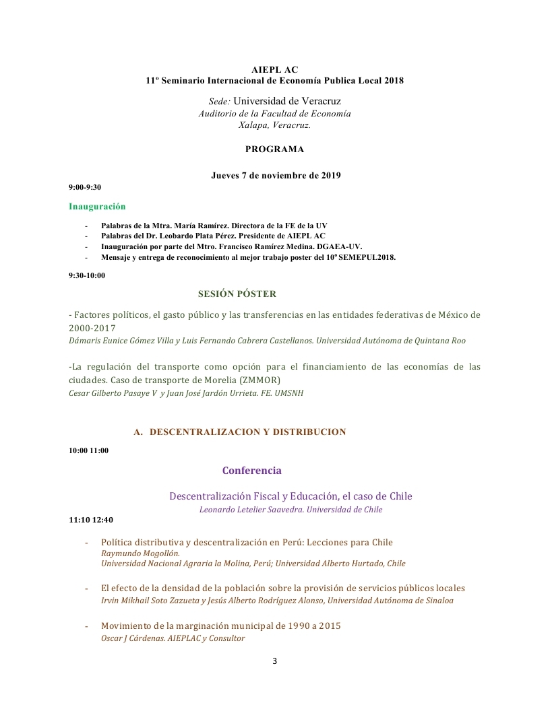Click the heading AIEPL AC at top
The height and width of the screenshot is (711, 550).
click(274, 69)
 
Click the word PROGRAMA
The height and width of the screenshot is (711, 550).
click(274, 149)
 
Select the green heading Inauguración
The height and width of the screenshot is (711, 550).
click(97, 206)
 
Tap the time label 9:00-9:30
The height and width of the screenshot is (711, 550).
click(85, 187)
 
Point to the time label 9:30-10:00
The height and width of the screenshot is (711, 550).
click(87, 275)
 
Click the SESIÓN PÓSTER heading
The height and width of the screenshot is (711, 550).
click(237, 294)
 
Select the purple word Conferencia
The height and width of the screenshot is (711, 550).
click(252, 471)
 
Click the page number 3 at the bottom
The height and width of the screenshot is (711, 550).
click(274, 661)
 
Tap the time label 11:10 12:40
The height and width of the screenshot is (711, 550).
click(91, 520)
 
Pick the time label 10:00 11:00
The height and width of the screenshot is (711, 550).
click(88, 450)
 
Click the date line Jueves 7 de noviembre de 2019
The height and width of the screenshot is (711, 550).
click(276, 176)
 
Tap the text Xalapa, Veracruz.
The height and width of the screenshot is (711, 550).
click(274, 125)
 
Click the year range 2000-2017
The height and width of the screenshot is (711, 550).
click(92, 328)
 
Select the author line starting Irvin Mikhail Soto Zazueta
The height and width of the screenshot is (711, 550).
click(277, 601)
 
